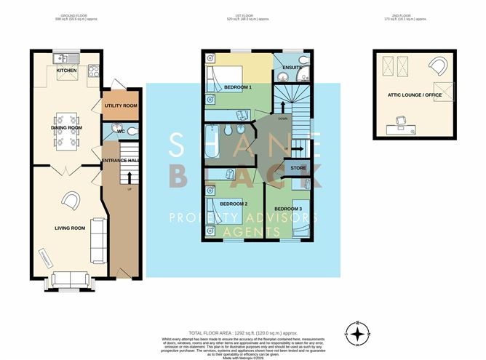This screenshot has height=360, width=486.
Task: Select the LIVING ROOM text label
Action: (x=70, y=228)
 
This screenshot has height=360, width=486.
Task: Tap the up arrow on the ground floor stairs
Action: (x=130, y=177)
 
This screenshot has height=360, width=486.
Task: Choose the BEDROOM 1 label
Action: (x=238, y=87)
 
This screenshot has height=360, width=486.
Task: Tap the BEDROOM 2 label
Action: (x=225, y=204)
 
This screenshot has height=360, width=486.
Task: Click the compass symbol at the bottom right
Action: (x=357, y=334)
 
